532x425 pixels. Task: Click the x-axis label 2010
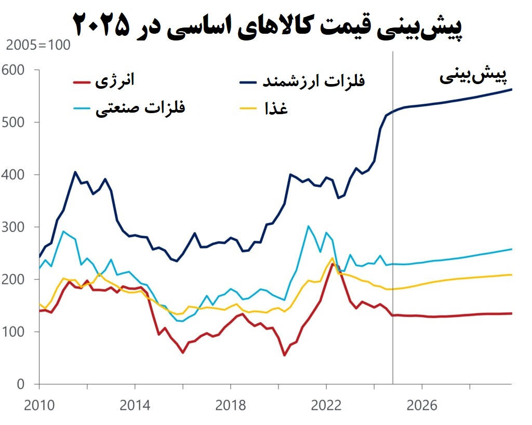coord(38,405)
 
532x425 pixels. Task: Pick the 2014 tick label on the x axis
coord(135,405)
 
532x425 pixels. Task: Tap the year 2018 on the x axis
coord(230,405)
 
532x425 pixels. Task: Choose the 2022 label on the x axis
coord(326,405)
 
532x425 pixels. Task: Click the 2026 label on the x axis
coord(422,405)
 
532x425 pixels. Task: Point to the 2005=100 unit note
coord(37,45)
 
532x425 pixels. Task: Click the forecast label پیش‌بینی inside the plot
coord(472,76)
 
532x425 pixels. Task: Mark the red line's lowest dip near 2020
coord(284,355)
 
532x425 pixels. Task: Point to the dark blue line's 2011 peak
coord(75,172)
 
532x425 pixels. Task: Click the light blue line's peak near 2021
coord(308,226)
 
